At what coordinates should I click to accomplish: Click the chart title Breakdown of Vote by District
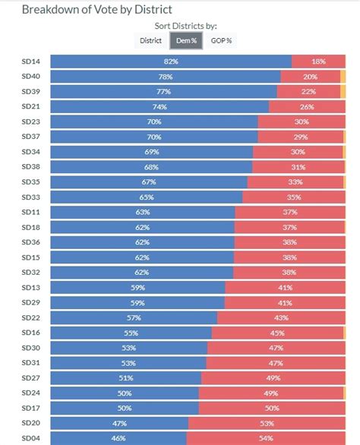(96, 10)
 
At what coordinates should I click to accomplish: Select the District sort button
(150, 40)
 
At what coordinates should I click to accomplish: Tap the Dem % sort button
(186, 40)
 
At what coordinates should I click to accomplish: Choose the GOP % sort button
(221, 40)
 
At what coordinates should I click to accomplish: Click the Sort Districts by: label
(185, 26)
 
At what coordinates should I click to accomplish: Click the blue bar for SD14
(171, 62)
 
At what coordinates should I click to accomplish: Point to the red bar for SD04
(266, 438)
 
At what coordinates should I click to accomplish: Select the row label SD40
(31, 77)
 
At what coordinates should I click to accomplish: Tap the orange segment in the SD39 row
(343, 92)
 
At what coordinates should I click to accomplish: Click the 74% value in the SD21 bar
(159, 107)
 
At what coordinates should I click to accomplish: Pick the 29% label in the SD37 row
(301, 137)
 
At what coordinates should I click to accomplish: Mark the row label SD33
(31, 197)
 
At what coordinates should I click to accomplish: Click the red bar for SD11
(290, 213)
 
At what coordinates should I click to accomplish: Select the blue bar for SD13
(138, 288)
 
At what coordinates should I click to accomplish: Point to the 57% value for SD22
(134, 318)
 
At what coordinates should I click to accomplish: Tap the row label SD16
(31, 333)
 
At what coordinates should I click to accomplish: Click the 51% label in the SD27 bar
(126, 378)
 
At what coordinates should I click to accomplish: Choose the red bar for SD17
(272, 408)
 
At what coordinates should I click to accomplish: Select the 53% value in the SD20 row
(267, 424)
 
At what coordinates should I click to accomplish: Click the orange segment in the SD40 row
(343, 77)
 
